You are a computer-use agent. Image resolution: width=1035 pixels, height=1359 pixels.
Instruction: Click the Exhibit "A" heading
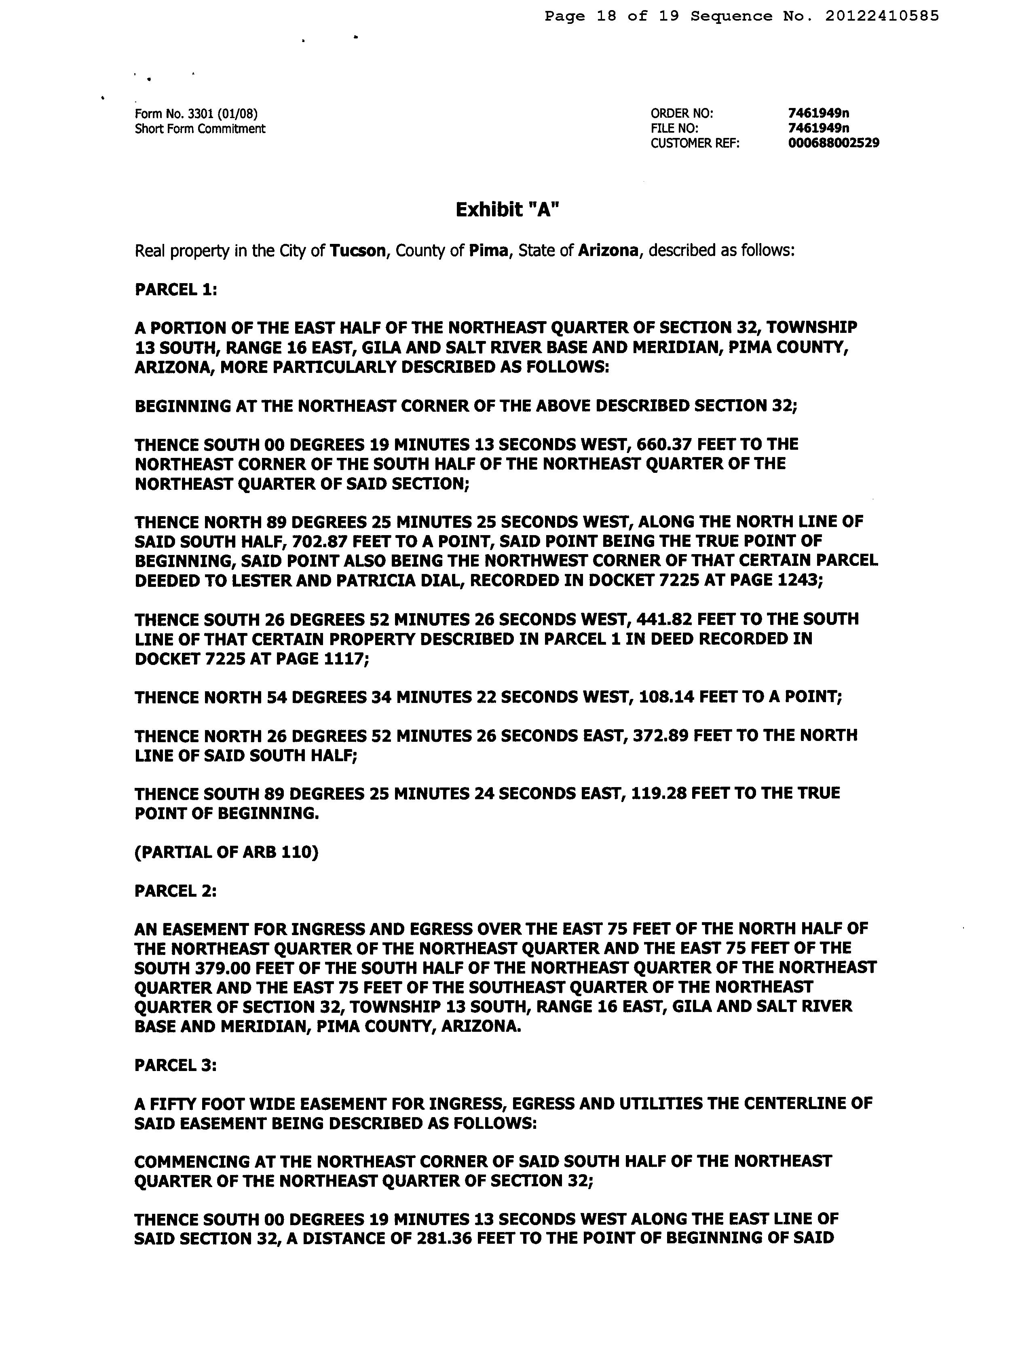pos(507,210)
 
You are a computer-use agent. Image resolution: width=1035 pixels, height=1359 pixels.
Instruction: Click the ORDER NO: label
pos(681,113)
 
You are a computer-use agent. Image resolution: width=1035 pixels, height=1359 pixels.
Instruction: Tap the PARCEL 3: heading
pos(175,1066)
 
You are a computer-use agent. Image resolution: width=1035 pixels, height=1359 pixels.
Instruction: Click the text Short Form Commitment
pos(200,129)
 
